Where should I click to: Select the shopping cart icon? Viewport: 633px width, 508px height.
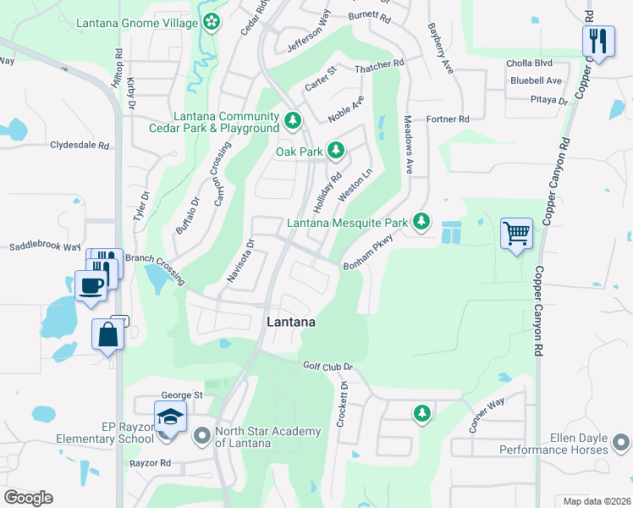coord(516,233)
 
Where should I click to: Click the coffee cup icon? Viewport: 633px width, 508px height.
coord(91,285)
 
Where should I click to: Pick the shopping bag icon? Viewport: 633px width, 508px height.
coord(108,334)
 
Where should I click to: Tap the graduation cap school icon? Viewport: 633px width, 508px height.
coord(169,417)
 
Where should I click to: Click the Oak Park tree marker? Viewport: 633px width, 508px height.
coord(336,152)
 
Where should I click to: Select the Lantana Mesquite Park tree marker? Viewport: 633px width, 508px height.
coord(421,224)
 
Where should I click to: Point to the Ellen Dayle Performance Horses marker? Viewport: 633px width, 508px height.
coord(621,443)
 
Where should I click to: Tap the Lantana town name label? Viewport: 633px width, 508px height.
coord(291,323)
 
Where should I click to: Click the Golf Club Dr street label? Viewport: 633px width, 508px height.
coord(327,366)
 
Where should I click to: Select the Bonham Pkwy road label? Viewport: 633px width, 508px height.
coord(370,254)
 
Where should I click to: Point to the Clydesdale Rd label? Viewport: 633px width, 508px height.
coord(80,146)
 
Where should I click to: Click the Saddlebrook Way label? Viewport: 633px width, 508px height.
coord(45,247)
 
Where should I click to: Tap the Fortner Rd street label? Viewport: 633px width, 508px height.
coord(448,120)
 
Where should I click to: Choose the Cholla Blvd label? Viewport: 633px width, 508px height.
coord(530,63)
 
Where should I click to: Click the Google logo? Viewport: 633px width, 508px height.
coord(28,498)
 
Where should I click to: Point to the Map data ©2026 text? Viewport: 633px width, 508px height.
coord(596,500)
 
